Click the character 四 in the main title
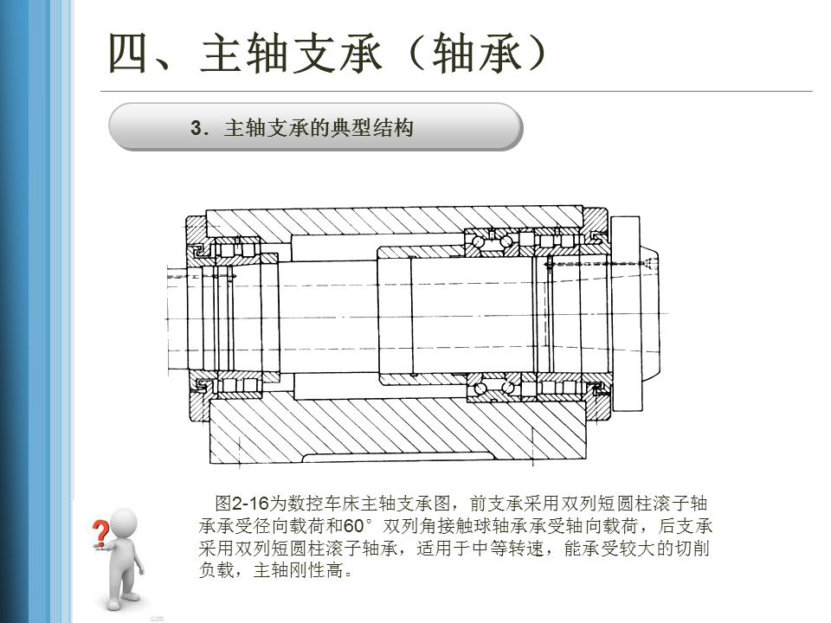pos(131,53)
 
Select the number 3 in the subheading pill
pos(196,129)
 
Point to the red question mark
pos(101,530)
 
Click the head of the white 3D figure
pos(126,524)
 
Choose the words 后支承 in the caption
pos(686,526)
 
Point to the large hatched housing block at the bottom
pos(398,433)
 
